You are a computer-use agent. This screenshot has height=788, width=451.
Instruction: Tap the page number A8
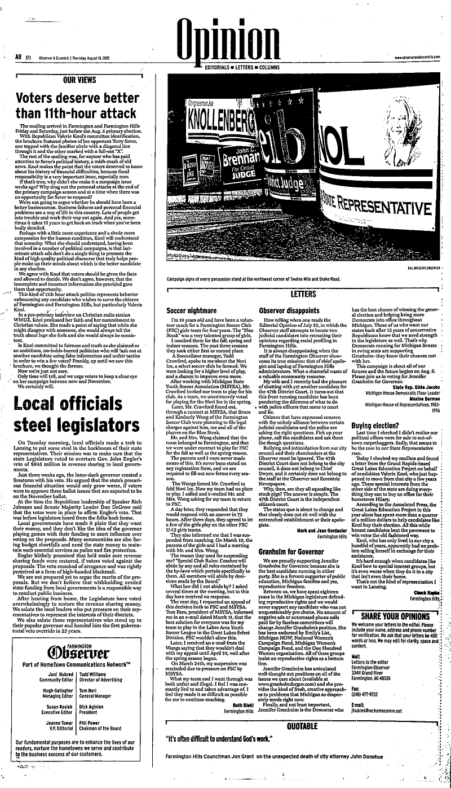[x=18, y=57]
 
